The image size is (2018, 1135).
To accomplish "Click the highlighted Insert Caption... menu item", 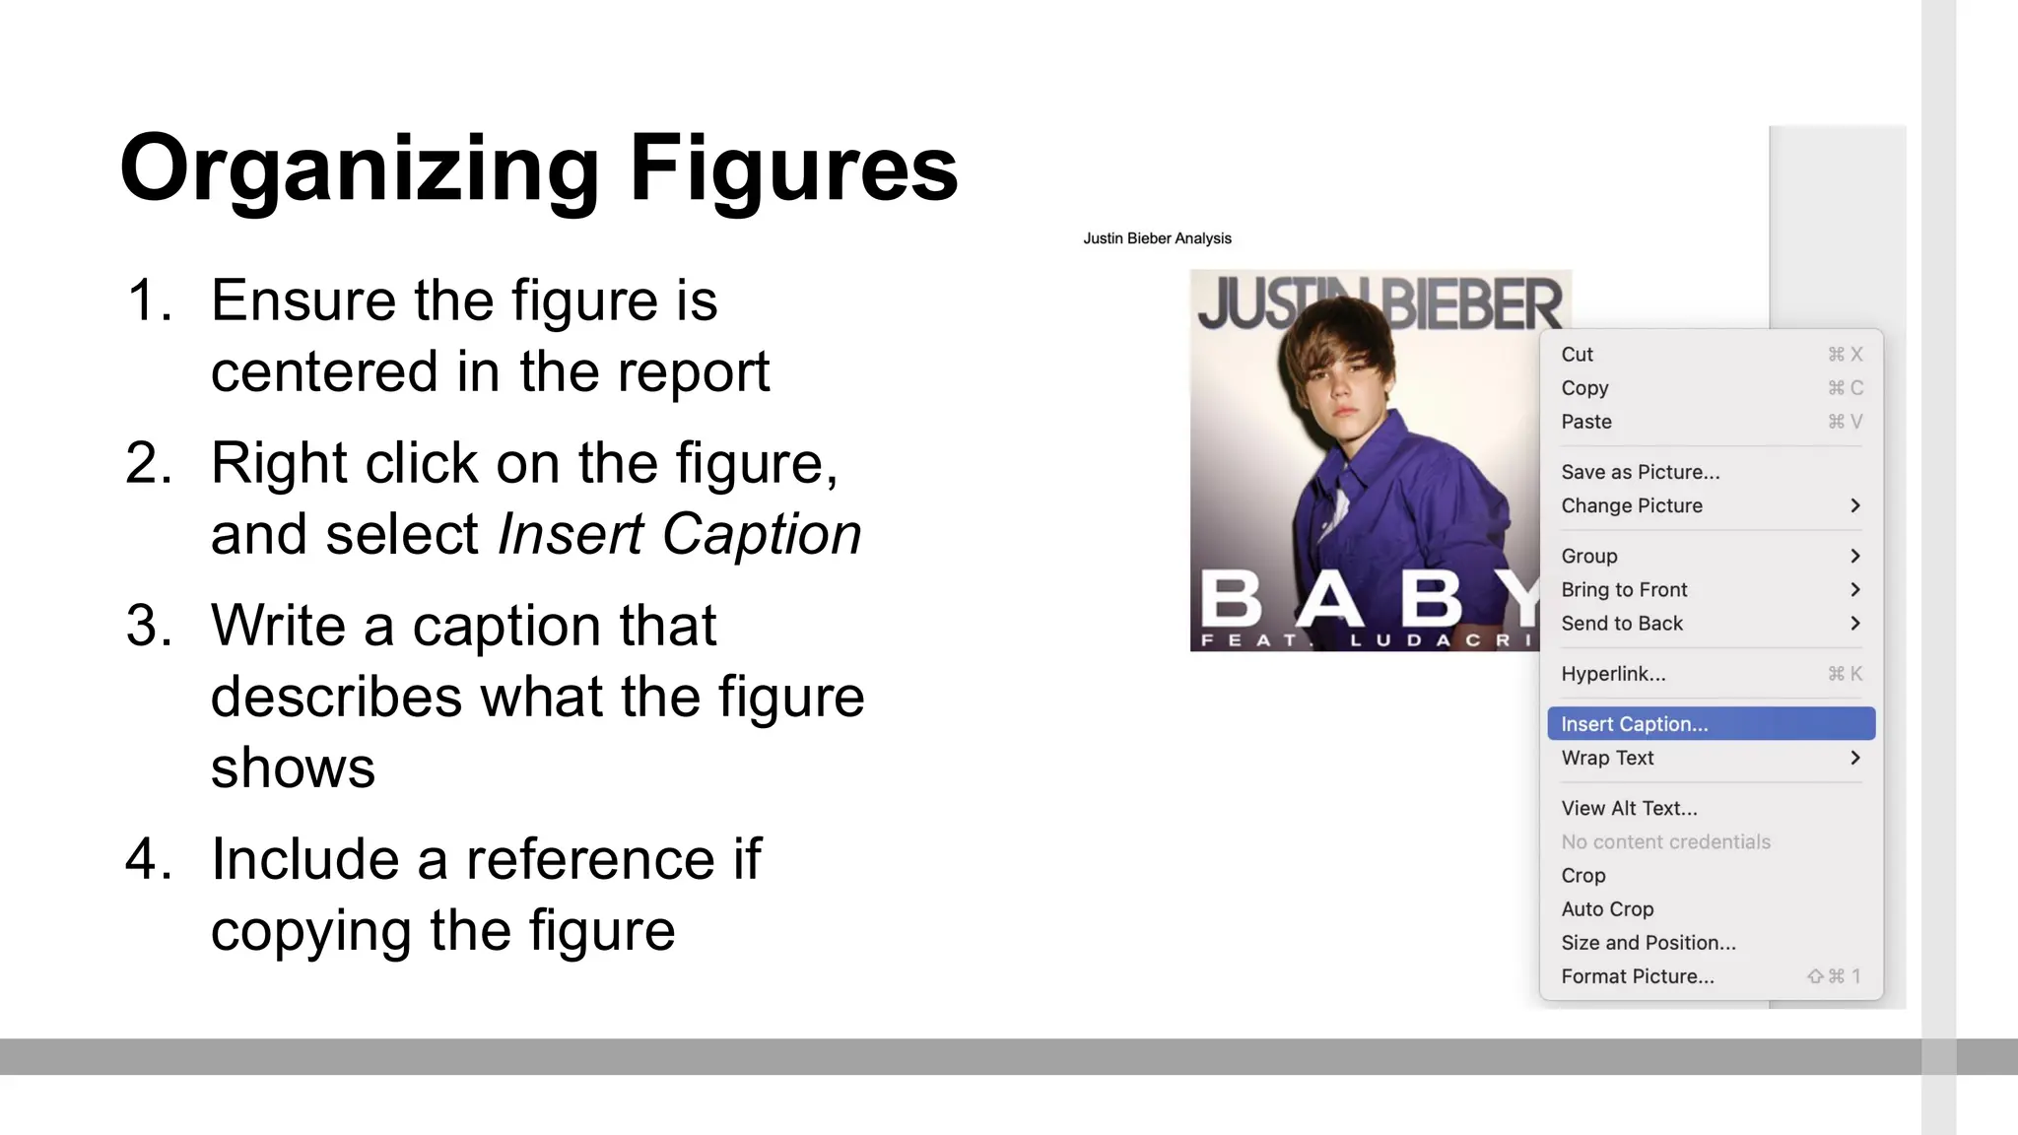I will [1635, 724].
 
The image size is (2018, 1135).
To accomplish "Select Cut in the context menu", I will [1577, 355].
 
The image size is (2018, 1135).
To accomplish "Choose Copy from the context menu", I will [1584, 388].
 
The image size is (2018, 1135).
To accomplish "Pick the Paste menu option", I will [1586, 422].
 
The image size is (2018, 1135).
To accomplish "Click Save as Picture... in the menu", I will [1640, 472].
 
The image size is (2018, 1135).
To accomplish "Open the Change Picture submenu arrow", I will [1854, 505].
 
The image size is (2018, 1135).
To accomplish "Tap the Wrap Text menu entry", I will [1607, 758].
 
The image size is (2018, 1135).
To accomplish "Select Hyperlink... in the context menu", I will [1613, 674].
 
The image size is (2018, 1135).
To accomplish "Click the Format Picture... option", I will [1637, 976].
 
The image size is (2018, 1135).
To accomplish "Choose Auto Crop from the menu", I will [1607, 909].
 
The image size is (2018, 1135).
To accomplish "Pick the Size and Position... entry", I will [1648, 943].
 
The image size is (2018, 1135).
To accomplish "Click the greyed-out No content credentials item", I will [1665, 842].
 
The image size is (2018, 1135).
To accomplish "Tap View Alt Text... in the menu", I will [1629, 809].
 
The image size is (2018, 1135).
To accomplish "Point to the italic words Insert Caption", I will [679, 534].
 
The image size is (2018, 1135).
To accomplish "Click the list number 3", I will [149, 626].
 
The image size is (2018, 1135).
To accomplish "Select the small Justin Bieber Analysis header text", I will [1157, 238].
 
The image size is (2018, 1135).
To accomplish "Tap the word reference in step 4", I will [590, 859].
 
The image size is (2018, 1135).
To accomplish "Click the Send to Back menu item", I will [1622, 624].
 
